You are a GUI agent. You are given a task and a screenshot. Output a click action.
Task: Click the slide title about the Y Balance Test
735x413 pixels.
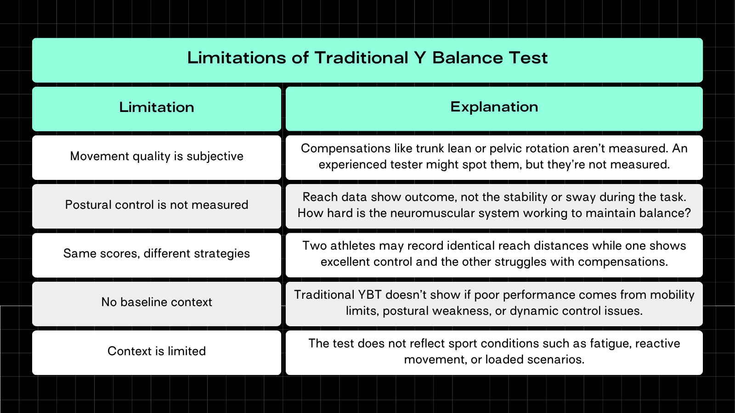click(367, 58)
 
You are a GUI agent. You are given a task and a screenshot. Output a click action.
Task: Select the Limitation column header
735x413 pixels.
click(157, 107)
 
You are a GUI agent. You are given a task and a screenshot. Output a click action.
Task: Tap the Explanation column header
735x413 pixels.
click(494, 107)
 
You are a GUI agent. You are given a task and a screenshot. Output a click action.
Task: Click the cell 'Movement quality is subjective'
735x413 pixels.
click(157, 156)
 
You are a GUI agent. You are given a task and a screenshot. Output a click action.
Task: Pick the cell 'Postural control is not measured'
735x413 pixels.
click(157, 205)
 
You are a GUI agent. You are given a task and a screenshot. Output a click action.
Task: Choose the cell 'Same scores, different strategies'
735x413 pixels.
click(157, 254)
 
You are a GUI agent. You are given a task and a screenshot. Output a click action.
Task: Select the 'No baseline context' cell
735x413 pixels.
click(157, 302)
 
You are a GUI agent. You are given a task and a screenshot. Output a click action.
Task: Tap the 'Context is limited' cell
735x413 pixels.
click(157, 352)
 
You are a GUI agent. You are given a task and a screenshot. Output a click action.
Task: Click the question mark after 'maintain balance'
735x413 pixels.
click(688, 213)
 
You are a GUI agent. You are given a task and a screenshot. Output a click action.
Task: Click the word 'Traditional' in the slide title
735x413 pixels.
click(361, 58)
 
